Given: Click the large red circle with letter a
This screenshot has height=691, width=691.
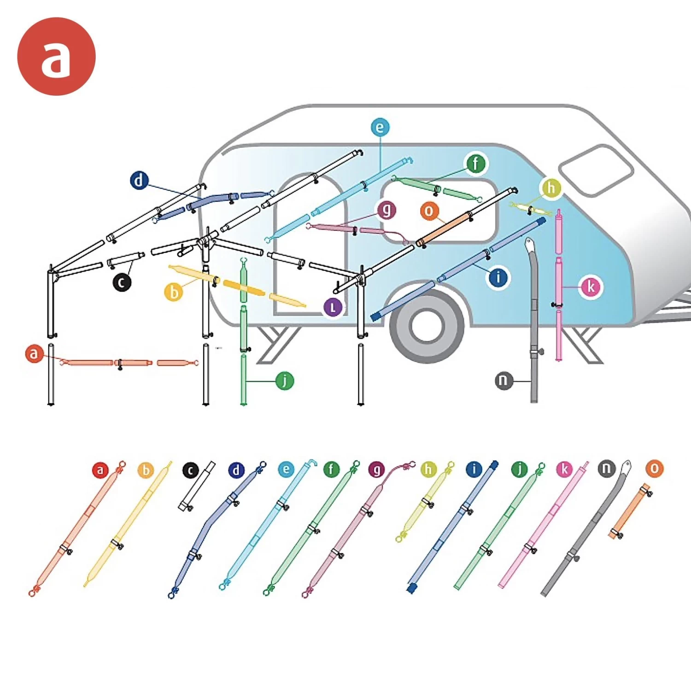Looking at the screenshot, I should tap(56, 57).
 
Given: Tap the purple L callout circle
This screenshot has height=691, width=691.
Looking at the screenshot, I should tap(333, 307).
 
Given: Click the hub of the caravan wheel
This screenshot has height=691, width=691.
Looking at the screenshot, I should tap(426, 326).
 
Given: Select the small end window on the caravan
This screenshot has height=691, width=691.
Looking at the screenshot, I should tap(596, 170).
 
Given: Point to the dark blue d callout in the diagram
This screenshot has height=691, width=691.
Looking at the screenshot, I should tap(139, 181).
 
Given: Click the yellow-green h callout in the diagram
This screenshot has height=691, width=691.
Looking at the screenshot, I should tap(551, 188).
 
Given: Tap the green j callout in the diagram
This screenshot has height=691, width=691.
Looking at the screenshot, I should tap(285, 381).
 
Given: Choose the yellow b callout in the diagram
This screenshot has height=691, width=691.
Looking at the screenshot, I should tap(174, 292).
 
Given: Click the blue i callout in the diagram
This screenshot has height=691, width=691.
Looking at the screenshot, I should tap(498, 277).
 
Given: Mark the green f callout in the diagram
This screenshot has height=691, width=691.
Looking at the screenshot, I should tap(476, 164).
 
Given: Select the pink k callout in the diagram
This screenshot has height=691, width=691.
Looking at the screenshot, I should tap(591, 287).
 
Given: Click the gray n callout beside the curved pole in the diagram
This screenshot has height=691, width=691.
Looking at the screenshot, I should tap(504, 381).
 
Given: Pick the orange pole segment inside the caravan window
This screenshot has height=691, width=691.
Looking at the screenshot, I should tap(445, 229).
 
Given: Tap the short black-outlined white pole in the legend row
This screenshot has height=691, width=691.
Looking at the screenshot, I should tap(197, 486).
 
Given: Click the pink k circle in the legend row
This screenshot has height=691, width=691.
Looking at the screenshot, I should tap(564, 469).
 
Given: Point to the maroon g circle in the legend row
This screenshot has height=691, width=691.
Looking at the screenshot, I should tap(377, 470).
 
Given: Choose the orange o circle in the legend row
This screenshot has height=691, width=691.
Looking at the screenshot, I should tap(655, 469).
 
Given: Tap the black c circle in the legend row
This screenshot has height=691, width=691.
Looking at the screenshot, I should tap(191, 470).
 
